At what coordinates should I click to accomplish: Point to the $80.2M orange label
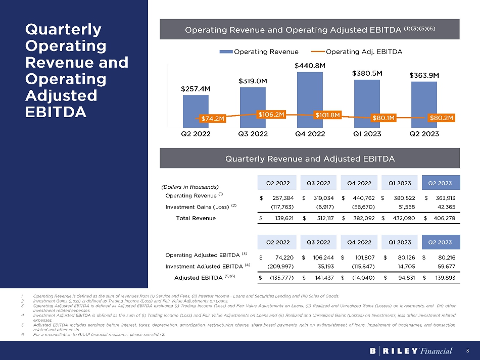442,118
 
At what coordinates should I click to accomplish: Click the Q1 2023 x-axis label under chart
367,134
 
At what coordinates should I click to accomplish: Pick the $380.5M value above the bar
367,73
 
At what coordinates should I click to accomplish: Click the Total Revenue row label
196,218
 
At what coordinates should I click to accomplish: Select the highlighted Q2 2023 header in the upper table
440,182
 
